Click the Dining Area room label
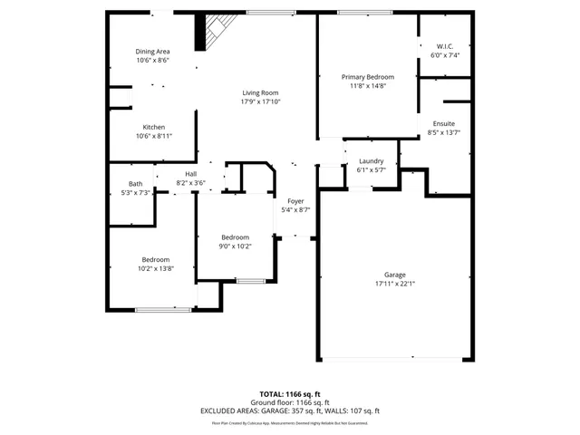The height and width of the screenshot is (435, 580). point(153,52)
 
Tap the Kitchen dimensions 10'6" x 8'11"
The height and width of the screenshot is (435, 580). point(153,136)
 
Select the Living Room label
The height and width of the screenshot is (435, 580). point(260,92)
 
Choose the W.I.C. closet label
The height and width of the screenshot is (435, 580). point(445,46)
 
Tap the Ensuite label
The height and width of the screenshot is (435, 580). point(443,123)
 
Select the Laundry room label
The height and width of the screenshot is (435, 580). point(371,160)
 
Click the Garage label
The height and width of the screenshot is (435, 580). point(394,274)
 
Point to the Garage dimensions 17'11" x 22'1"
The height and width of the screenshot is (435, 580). point(394,283)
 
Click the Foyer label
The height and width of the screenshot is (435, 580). point(295,200)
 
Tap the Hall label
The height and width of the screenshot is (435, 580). point(190,174)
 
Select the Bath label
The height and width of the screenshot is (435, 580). point(135,184)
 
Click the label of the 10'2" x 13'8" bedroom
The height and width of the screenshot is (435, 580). point(154,259)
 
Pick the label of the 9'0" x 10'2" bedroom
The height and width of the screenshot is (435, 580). point(235,237)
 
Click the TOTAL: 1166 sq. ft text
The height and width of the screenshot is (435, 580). point(290,394)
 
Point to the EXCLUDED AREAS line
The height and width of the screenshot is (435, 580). point(290,411)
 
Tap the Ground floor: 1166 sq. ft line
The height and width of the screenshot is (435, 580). point(290,402)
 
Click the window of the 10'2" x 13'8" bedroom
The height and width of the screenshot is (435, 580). point(163,310)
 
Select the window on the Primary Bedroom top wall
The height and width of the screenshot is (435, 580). point(364,12)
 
